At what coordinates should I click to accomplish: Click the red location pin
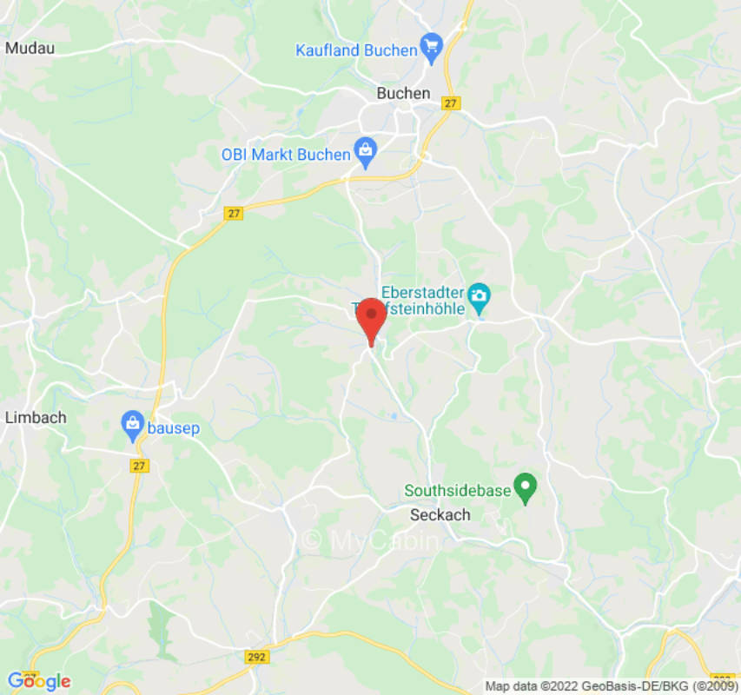click(x=373, y=316)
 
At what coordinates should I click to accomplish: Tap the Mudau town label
click(x=30, y=48)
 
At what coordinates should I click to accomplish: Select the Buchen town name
click(x=403, y=93)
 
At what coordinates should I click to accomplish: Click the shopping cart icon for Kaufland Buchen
click(x=432, y=47)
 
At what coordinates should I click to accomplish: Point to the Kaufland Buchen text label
click(x=356, y=50)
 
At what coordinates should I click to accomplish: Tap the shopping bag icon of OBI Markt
click(x=366, y=153)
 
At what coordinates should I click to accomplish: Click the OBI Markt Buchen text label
click(x=286, y=155)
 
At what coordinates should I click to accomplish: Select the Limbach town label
click(x=36, y=418)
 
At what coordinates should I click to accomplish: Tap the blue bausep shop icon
click(x=132, y=425)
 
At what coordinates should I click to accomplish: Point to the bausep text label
click(x=174, y=427)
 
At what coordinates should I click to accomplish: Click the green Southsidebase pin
click(x=525, y=487)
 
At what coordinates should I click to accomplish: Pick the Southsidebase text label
click(x=458, y=491)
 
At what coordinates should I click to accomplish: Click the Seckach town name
click(x=440, y=514)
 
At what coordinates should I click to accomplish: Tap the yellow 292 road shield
click(x=256, y=657)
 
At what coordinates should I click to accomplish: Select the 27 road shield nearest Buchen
click(x=449, y=103)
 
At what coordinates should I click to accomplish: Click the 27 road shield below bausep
click(x=140, y=466)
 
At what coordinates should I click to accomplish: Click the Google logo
click(x=38, y=682)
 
